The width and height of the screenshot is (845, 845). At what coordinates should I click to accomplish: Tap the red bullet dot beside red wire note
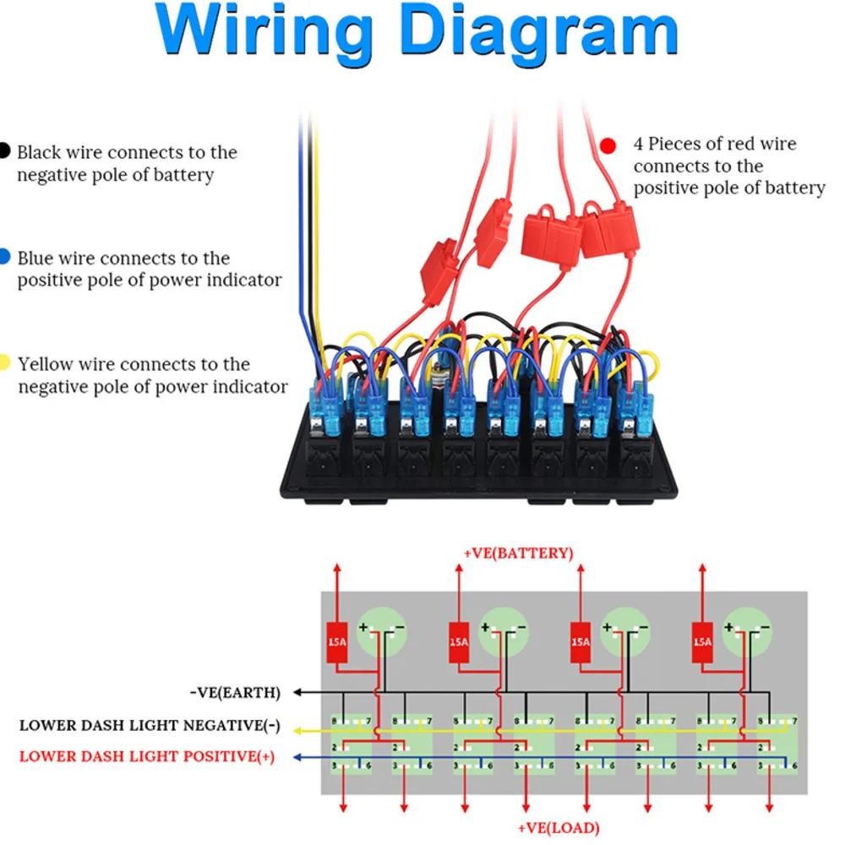tap(608, 146)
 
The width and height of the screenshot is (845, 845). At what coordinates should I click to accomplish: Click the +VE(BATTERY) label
tap(518, 553)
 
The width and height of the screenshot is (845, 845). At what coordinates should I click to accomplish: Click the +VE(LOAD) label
tap(558, 828)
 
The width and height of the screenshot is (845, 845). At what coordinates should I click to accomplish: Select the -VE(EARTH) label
tap(235, 693)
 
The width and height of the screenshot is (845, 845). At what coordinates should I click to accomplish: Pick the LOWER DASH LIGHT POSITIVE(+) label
tap(146, 756)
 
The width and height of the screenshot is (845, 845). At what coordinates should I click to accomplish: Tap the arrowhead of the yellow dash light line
tap(297, 729)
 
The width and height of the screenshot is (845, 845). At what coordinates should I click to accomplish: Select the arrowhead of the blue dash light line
tap(297, 758)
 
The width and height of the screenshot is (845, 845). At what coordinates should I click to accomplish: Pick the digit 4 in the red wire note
tap(639, 144)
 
